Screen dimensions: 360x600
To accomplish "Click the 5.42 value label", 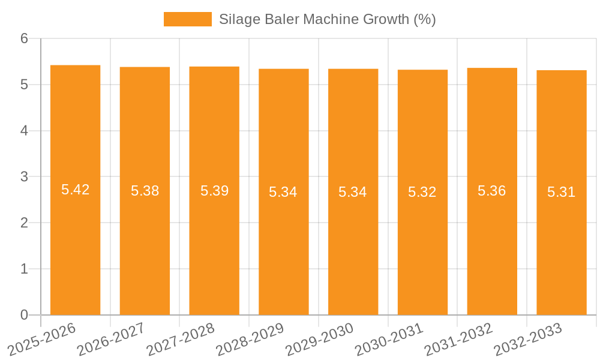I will tap(75, 190).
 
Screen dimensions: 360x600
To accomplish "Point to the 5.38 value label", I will tap(145, 191).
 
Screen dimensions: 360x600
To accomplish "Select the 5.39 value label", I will tap(214, 191).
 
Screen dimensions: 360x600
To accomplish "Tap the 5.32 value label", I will tap(422, 192).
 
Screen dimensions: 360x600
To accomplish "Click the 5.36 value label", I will tap(491, 191).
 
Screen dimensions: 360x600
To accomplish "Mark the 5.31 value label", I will tap(561, 192).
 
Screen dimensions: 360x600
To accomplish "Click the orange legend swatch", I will tap(187, 19).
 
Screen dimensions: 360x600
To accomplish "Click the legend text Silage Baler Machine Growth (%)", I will tap(327, 19).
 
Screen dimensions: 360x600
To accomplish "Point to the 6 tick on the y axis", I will tap(24, 38).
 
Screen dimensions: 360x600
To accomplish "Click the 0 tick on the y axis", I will tap(24, 315).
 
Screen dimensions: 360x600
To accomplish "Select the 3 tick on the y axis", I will tap(24, 177).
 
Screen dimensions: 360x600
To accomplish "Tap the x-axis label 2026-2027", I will tap(111, 339).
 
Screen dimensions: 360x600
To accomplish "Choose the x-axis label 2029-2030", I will tap(319, 339).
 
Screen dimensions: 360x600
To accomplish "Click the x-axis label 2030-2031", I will tap(389, 339).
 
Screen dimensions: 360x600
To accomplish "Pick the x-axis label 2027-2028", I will tap(180, 339).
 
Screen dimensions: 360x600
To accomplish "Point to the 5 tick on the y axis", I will tap(24, 85).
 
